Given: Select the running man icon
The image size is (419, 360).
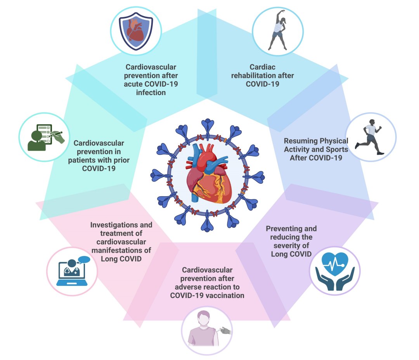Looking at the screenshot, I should (x=370, y=137).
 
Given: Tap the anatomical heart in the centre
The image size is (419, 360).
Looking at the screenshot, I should (x=209, y=173).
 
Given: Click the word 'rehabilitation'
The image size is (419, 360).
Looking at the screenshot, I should (x=262, y=75).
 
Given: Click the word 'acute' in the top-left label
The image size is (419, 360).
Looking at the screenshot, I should (x=135, y=84).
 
